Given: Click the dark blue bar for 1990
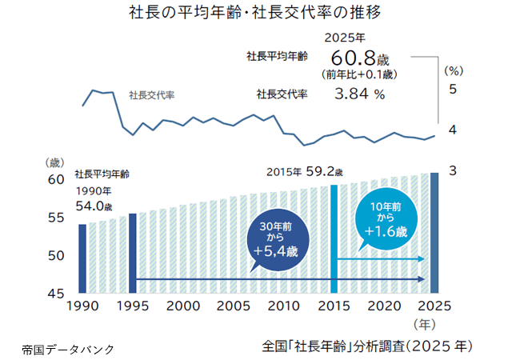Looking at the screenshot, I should pos(82,258).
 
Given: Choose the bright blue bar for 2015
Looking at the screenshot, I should pos(334,239).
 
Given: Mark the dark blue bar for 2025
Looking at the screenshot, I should pos(434,233).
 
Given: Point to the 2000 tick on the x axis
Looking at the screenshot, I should pos(183,306).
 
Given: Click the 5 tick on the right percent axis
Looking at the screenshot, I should pos(453,89).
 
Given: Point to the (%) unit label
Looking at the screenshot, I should pos(454,70).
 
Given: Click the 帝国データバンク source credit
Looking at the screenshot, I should pos(68,349).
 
